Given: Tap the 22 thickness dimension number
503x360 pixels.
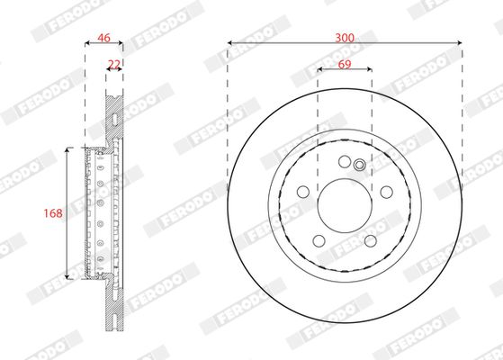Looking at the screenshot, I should coord(114,64).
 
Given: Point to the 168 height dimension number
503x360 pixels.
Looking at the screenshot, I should coord(53,213).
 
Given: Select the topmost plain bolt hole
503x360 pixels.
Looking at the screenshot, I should coord(345,162).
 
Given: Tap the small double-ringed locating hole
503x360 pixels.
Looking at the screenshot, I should coord(358,165).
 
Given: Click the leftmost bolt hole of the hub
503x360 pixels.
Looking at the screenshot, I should coord(302,192).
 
